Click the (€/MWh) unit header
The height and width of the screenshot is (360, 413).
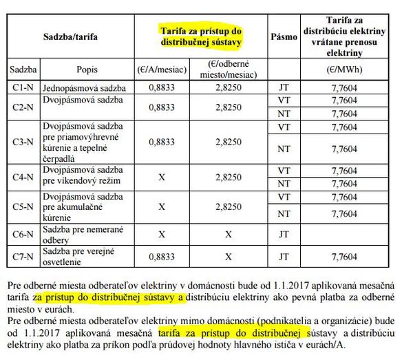tap(357, 70)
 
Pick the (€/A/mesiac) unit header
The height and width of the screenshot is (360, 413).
tap(160, 70)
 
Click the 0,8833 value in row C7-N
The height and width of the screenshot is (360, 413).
tap(160, 256)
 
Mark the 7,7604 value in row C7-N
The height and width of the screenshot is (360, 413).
tap(358, 256)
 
